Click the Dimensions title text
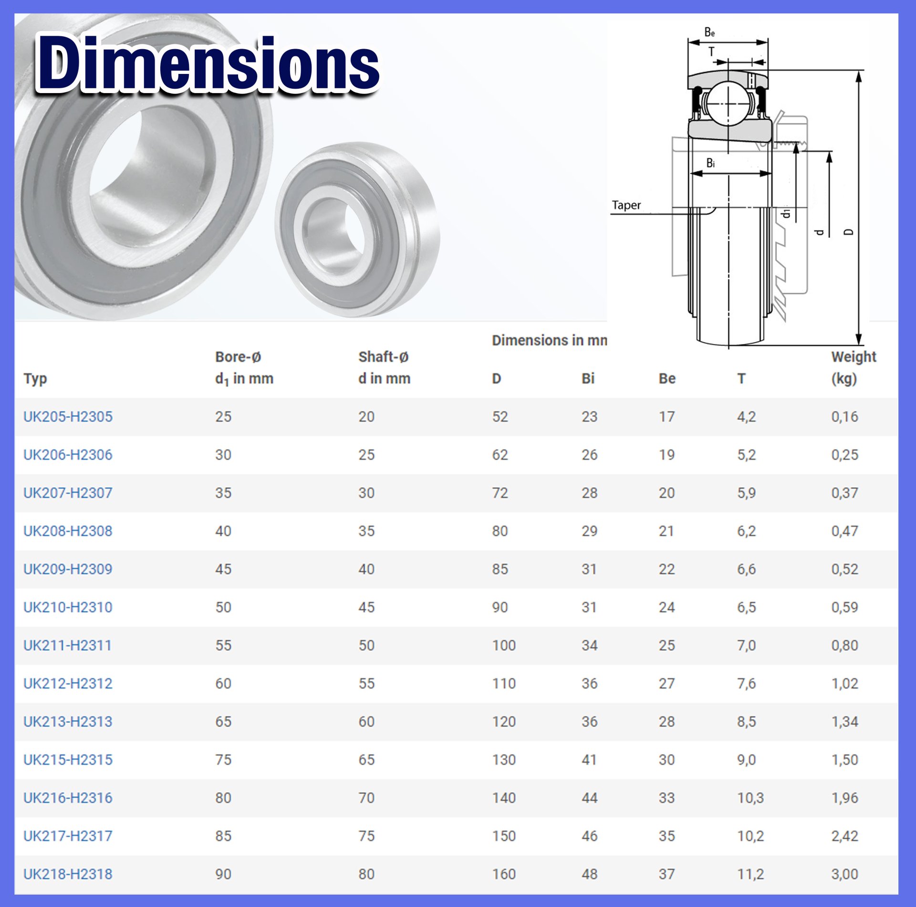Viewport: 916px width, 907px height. (208, 63)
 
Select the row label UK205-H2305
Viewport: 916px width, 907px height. (68, 417)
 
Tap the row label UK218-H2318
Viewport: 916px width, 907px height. (68, 874)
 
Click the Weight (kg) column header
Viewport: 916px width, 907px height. (853, 367)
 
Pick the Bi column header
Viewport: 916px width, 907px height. (588, 378)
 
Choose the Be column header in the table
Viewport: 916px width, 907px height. (666, 378)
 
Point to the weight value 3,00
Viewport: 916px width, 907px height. (844, 874)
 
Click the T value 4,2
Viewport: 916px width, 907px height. (746, 417)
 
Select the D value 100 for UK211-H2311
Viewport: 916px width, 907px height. (504, 645)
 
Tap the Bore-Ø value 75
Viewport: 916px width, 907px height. (223, 759)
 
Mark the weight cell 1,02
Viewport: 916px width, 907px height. (844, 683)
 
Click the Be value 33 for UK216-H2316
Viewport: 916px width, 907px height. (666, 797)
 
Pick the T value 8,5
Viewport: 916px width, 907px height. (746, 721)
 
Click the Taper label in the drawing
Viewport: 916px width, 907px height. (626, 205)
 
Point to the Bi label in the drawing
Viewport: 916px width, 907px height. (710, 163)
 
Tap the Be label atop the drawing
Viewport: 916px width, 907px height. (709, 32)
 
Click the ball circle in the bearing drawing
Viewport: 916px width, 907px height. (728, 103)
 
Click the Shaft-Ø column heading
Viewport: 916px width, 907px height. (384, 367)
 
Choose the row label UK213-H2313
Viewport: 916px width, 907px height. (68, 721)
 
